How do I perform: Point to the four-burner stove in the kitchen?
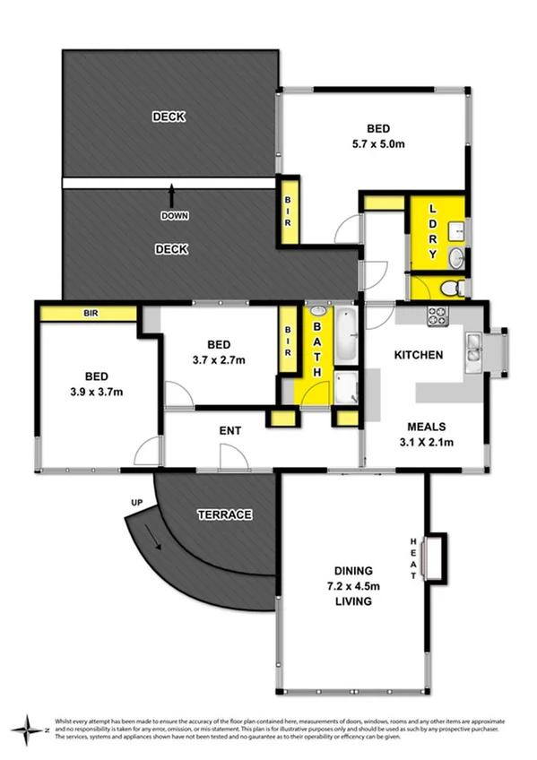tap(437, 315)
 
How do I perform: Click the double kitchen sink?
tap(473, 349)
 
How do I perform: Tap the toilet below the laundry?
tap(455, 287)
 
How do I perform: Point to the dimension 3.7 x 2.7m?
tap(220, 359)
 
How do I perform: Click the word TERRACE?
tap(223, 514)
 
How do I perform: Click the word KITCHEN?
tap(419, 355)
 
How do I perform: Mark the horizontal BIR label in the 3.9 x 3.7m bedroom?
tap(90, 314)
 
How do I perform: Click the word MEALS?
tap(429, 427)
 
